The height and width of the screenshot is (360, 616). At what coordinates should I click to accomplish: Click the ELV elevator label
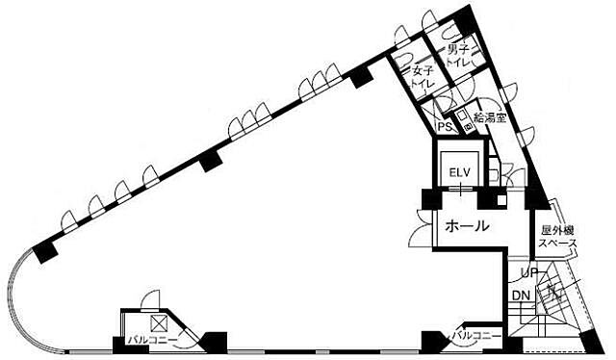[x=460, y=172]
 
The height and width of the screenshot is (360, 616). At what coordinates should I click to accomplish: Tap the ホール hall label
[x=468, y=226]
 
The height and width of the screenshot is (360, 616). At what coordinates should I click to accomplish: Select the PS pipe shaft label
[x=444, y=126]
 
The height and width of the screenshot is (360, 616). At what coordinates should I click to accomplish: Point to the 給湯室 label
[x=490, y=117]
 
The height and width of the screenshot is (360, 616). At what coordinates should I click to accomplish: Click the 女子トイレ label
[x=423, y=77]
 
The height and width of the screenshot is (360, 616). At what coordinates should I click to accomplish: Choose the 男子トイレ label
[x=459, y=56]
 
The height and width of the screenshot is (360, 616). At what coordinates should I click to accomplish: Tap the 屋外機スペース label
[x=557, y=237]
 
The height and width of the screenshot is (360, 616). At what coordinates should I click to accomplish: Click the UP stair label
[x=528, y=272]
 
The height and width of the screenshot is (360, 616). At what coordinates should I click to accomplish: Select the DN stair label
[x=522, y=296]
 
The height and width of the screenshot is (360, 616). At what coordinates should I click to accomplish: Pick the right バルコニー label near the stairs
[x=476, y=336]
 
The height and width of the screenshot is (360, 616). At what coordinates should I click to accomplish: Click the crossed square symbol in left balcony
[x=159, y=323]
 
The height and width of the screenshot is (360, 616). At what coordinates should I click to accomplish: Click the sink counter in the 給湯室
[x=465, y=120]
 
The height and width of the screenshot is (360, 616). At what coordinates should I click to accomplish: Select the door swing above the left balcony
[x=150, y=300]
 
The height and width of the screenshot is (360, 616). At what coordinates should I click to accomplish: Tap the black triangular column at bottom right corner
[x=593, y=343]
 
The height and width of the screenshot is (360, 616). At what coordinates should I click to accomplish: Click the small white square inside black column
[x=501, y=199]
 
